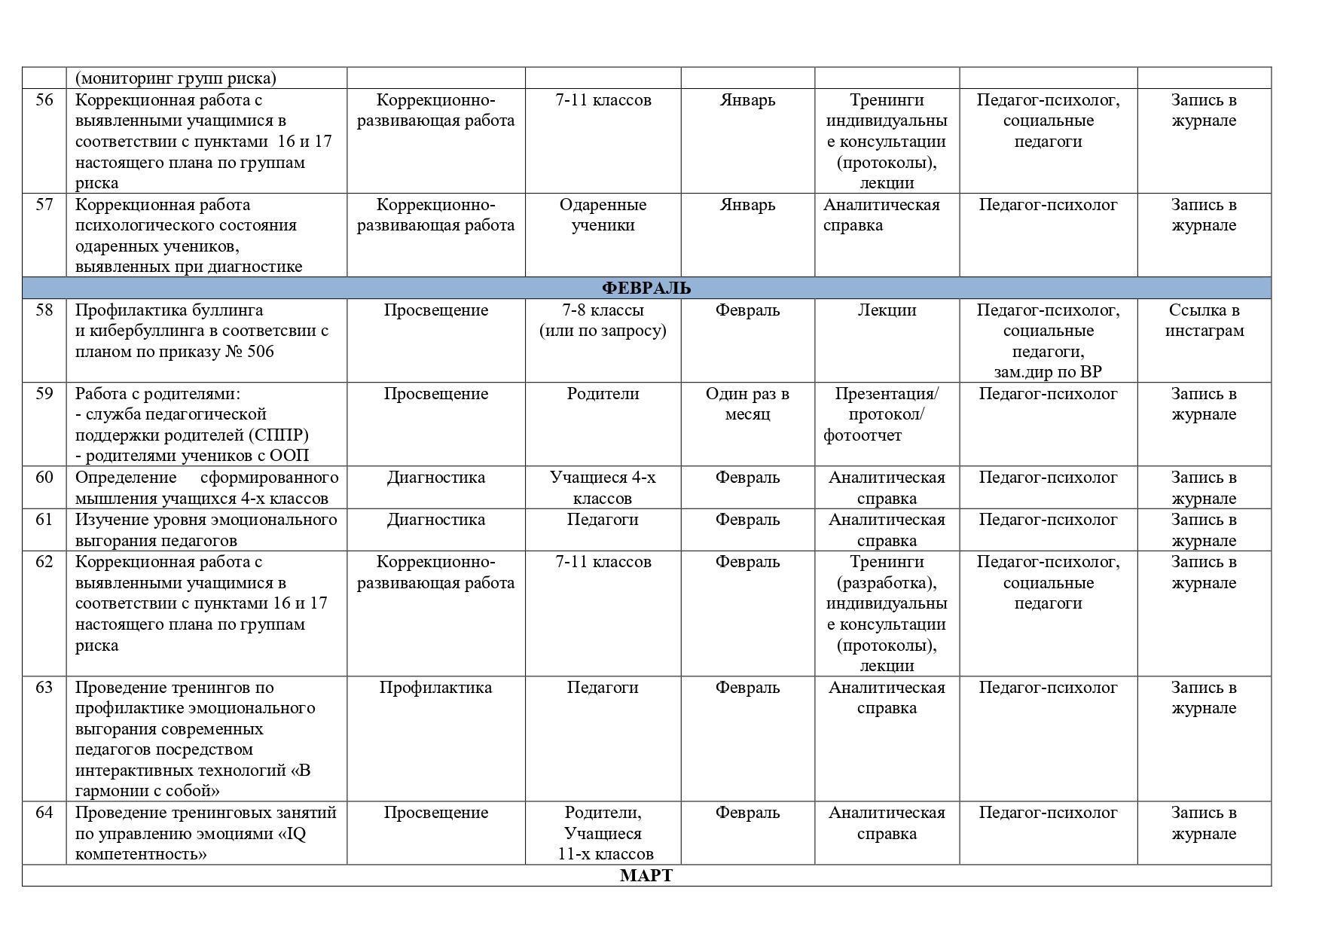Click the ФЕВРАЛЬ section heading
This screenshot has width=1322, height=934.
click(x=646, y=288)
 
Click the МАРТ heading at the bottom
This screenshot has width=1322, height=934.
click(x=646, y=875)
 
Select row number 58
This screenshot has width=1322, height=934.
click(x=44, y=310)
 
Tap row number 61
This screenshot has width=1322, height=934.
click(x=44, y=520)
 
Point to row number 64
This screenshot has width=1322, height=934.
click(x=44, y=813)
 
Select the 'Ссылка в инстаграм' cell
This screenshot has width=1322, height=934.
click(x=1204, y=320)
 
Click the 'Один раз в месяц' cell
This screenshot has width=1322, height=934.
click(x=747, y=404)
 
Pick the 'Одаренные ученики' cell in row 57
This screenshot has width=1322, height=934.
click(x=603, y=215)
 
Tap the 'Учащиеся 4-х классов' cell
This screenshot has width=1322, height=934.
click(x=603, y=487)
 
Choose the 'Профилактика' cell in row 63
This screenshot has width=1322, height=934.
click(x=435, y=688)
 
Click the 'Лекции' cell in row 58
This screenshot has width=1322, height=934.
click(x=887, y=310)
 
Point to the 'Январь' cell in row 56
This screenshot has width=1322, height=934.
click(x=747, y=100)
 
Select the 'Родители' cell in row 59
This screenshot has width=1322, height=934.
click(x=603, y=394)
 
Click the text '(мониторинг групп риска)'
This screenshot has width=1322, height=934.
click(x=176, y=78)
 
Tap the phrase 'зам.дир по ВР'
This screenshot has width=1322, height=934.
click(x=1048, y=372)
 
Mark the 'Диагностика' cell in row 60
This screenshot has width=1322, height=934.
click(x=435, y=478)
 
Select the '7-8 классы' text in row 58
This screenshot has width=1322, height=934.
click(x=603, y=310)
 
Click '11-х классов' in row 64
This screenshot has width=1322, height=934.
click(x=606, y=854)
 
